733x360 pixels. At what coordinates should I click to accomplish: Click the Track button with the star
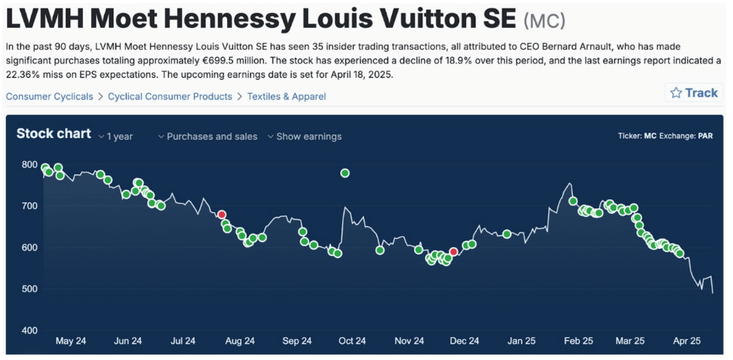(694, 93)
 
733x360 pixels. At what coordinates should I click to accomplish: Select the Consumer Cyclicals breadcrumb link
(49, 96)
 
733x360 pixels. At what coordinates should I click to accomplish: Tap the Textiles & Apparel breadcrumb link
(286, 96)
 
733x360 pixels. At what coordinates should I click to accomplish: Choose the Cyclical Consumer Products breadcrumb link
(170, 96)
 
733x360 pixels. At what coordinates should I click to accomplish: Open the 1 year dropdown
(116, 136)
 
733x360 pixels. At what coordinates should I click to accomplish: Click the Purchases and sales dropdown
(208, 136)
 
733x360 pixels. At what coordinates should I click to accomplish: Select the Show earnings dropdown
(304, 136)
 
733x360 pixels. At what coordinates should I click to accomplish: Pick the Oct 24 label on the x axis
(352, 341)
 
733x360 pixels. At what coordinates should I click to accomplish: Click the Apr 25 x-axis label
(687, 341)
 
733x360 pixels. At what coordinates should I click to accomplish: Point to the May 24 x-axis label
(71, 341)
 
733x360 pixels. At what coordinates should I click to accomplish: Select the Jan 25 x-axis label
(522, 341)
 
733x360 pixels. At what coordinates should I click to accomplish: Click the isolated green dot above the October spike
(345, 173)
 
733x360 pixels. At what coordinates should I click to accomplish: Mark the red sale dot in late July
(221, 214)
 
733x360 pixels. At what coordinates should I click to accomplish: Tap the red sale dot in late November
(454, 252)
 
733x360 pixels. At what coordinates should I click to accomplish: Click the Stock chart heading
(53, 134)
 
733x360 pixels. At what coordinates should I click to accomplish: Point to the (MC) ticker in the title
(544, 21)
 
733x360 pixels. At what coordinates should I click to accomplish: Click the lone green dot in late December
(506, 234)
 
